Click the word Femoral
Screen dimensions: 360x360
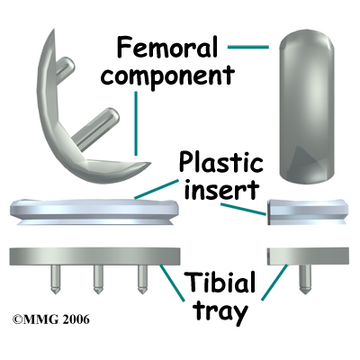(x=167, y=47)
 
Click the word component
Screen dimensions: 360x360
(x=168, y=75)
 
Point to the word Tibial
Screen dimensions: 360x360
(x=221, y=283)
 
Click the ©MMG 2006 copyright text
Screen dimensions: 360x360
(x=51, y=319)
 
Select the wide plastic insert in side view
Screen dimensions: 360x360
(x=95, y=212)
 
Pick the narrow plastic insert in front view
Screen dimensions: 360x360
(x=308, y=211)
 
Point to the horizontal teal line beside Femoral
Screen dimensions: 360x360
(x=248, y=47)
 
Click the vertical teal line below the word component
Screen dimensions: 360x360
(x=136, y=123)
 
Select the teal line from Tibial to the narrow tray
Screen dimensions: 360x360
(x=274, y=282)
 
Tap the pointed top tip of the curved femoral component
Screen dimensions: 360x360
(x=54, y=30)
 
